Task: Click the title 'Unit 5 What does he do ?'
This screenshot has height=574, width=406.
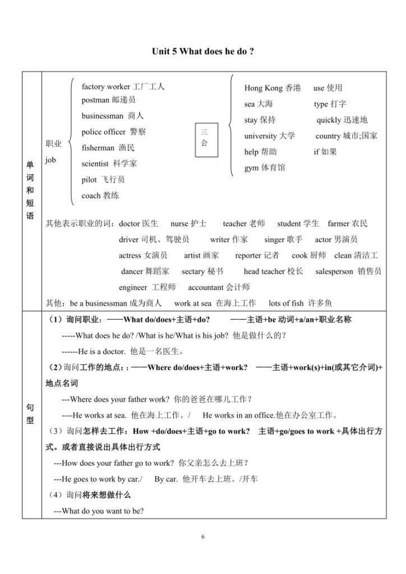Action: click(202, 51)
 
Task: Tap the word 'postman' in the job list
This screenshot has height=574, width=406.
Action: click(96, 100)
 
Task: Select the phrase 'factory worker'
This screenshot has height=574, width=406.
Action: click(105, 87)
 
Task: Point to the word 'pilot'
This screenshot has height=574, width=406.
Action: click(89, 179)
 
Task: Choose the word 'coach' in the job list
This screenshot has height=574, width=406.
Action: click(91, 196)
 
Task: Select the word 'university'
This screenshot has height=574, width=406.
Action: click(260, 136)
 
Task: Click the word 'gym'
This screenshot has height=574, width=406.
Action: click(251, 168)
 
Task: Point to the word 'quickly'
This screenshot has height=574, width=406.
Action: click(329, 120)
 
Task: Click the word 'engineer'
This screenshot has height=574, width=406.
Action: click(134, 288)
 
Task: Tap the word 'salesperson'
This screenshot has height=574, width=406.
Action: click(334, 271)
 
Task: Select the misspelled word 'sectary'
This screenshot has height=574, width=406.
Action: click(195, 271)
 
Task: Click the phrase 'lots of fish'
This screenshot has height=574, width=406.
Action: click(286, 303)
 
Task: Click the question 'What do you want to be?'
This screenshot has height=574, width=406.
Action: click(103, 511)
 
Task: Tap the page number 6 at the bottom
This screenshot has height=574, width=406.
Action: click(203, 537)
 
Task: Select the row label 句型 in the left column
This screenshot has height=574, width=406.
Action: click(30, 414)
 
